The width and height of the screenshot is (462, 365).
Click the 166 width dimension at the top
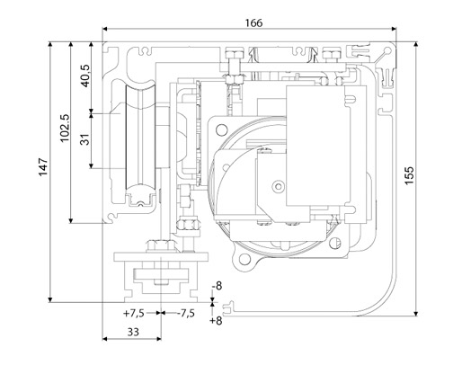tap(253, 22)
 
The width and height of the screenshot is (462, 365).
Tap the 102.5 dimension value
tap(63, 130)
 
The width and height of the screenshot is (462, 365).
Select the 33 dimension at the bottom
tap(131, 332)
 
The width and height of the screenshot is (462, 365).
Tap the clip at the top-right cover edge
tap(387, 65)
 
